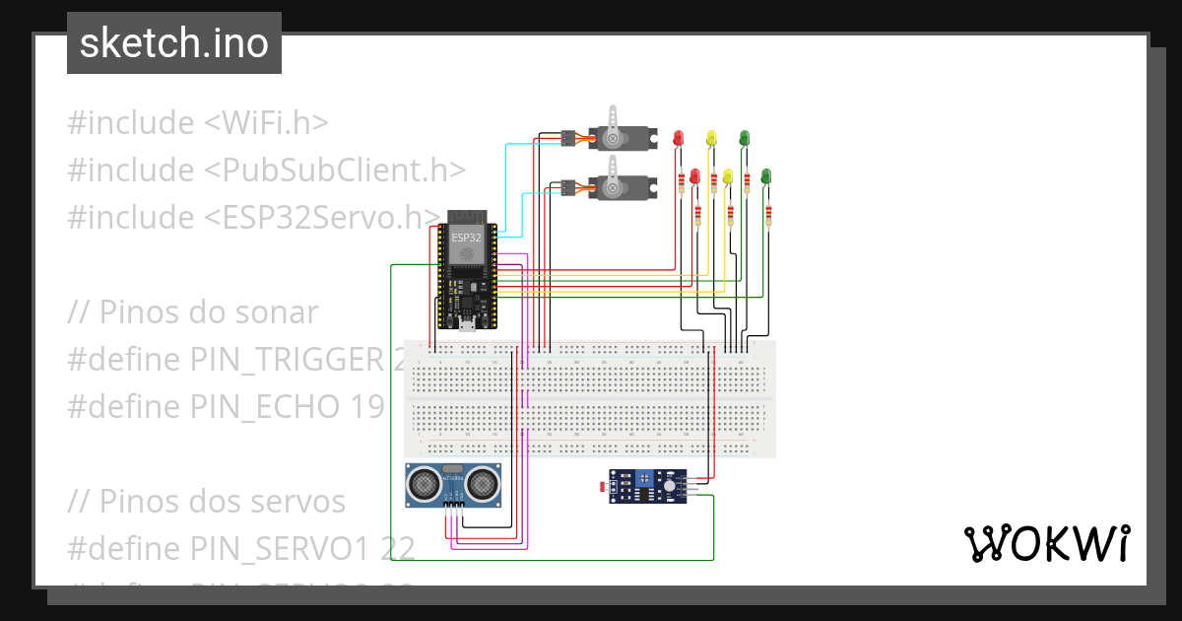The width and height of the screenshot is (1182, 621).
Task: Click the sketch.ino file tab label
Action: coord(174,43)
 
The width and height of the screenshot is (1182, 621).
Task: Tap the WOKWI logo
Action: coord(1045,542)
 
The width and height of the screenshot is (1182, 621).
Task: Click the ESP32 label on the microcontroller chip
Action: coord(466,238)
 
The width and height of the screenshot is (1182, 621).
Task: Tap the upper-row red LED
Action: coord(678,138)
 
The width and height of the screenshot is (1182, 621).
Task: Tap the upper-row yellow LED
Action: coord(711,138)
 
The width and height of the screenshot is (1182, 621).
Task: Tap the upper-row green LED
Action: coord(745,138)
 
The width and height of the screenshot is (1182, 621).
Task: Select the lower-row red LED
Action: coord(694,176)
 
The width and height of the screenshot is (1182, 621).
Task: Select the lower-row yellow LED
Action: coord(728,176)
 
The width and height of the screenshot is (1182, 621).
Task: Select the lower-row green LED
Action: coord(766,176)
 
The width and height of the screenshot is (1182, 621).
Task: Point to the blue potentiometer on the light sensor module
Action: coord(642,479)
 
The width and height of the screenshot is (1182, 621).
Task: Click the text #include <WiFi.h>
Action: coord(197,123)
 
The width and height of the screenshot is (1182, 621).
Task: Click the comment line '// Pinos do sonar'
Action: coord(193,312)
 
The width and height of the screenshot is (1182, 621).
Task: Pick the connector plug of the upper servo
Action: coord(568,139)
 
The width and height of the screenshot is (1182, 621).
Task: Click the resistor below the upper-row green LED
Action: coord(747,179)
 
